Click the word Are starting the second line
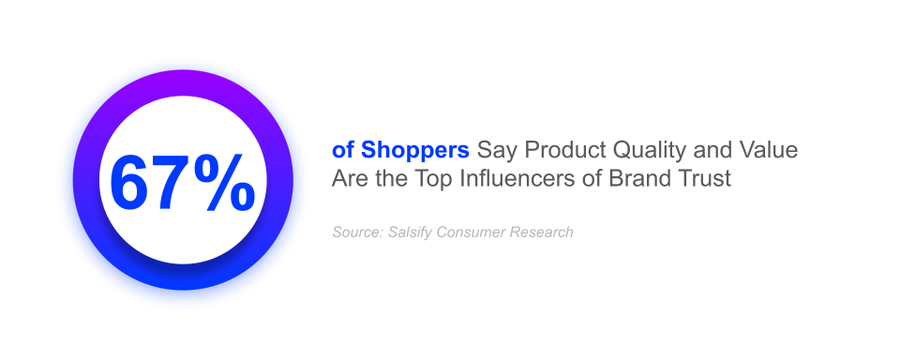348,179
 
